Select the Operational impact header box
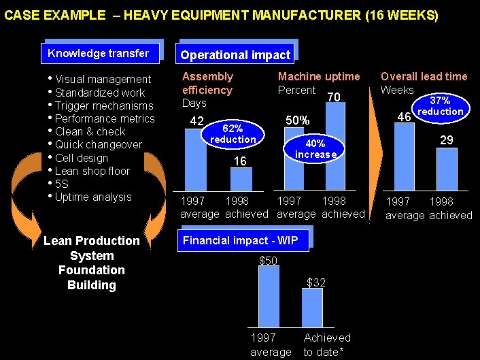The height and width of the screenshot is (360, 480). coord(235,55)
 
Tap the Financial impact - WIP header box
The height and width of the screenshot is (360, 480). coord(245,240)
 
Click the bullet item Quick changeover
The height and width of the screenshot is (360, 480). coord(99,145)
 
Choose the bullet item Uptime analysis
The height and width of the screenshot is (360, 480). coord(93,197)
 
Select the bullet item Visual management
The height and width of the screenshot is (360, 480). coord(103,80)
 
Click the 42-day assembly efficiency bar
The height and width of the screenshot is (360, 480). coord(196,159)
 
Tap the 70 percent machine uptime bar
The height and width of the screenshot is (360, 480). coord(335,146)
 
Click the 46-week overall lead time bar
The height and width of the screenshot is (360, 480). coord(404,157)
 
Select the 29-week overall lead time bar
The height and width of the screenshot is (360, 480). coord(446,169)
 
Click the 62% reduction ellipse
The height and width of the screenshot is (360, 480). coord(233,135)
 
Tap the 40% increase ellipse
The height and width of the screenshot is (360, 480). coord(315,149)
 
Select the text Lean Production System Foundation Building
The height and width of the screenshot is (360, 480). coord(91,263)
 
